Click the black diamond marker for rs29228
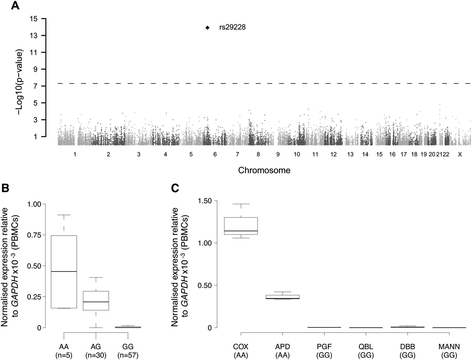[207, 28]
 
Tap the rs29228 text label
[232, 27]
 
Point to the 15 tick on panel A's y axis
[34, 19]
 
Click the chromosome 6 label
[215, 155]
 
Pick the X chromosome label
[460, 155]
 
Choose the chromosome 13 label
[350, 155]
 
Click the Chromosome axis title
[264, 170]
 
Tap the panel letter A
[15, 5]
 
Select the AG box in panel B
[96, 301]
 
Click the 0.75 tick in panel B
[34, 235]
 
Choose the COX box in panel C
[241, 226]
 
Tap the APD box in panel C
[282, 297]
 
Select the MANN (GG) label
[449, 351]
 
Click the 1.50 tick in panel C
[205, 201]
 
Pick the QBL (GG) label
[366, 351]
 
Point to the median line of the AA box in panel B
[64, 272]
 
